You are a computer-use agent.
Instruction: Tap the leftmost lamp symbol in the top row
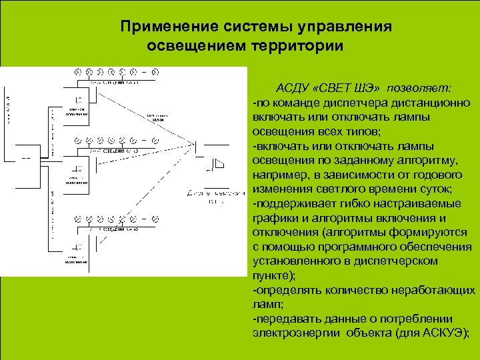pyautogui.click(x=77, y=71)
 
